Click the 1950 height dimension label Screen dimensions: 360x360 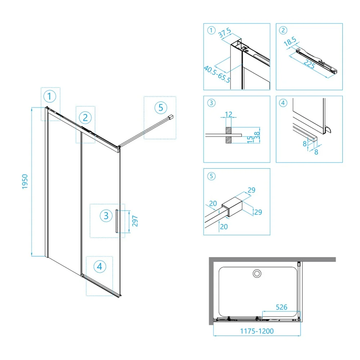click(25, 182)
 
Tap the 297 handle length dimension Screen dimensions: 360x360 click(135, 221)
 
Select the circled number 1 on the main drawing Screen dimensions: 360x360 click(49, 96)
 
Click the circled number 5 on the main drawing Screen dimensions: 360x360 click(161, 108)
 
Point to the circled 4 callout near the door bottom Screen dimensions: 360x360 click(100, 267)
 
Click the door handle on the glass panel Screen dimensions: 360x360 click(117, 221)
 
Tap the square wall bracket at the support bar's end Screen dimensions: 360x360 click(171, 117)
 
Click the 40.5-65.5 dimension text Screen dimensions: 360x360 click(217, 74)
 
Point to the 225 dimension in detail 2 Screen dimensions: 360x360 click(309, 64)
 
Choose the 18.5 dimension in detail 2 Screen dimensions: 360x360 click(290, 41)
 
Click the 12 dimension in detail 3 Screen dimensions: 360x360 click(229, 114)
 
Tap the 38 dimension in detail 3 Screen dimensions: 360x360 click(257, 135)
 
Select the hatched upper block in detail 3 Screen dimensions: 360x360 click(229, 130)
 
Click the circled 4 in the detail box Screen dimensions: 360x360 click(283, 103)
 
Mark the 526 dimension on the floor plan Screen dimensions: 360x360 click(282, 307)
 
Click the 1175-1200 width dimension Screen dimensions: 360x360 click(257, 331)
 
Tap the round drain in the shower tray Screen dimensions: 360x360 click(257, 274)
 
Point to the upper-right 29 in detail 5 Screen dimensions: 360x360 click(251, 190)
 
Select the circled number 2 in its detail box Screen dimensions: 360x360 click(283, 30)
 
